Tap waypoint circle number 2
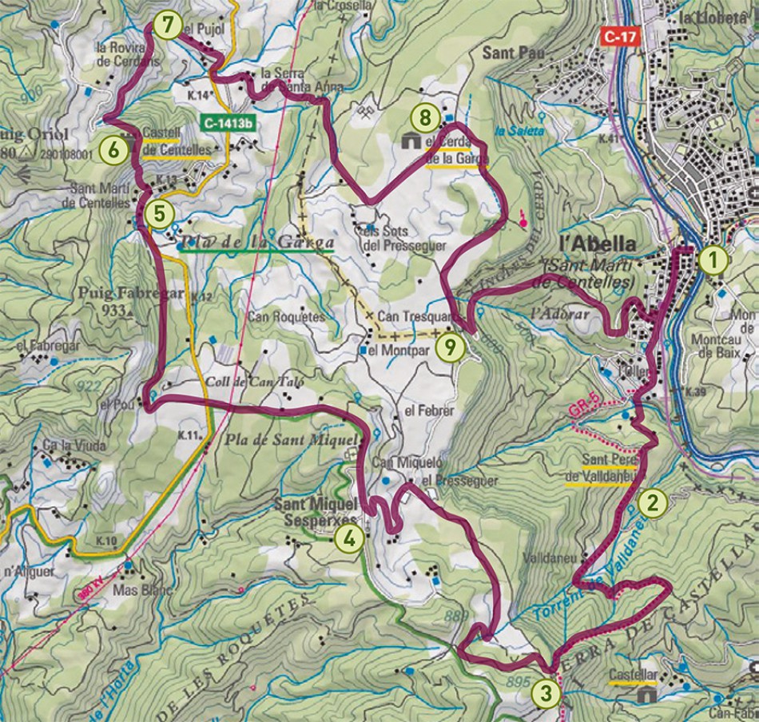(x=653, y=502)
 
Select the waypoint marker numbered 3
(x=546, y=692)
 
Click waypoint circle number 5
(x=158, y=213)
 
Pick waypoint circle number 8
(x=426, y=119)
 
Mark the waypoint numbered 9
(x=452, y=347)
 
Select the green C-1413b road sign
(x=228, y=124)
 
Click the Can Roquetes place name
(x=287, y=316)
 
